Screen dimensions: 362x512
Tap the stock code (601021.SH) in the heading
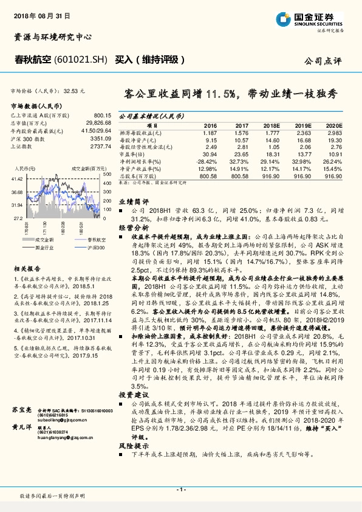click(x=84, y=60)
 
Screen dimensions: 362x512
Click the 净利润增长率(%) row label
click(x=140, y=161)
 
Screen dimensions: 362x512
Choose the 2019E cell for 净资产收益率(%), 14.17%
click(x=302, y=168)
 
